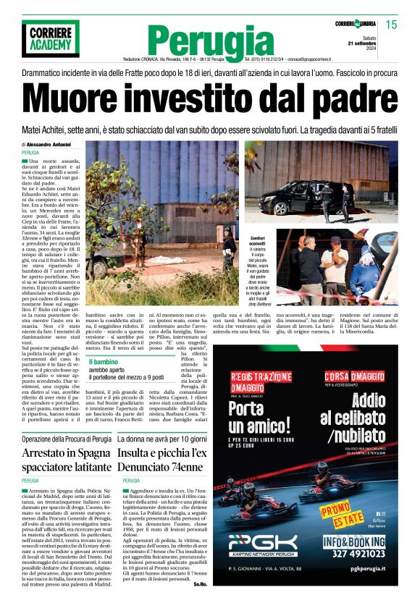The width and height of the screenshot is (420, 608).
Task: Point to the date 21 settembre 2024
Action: (385, 46)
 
